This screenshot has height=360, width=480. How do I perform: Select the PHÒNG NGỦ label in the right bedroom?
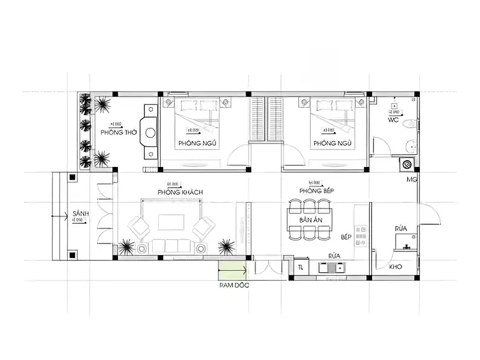[332, 143]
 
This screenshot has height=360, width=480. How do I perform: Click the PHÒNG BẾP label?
[315, 192]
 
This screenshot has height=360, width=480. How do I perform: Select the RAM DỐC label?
[233, 286]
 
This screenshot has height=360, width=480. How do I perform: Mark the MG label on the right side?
[411, 180]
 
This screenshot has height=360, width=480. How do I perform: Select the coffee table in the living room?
[169, 222]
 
